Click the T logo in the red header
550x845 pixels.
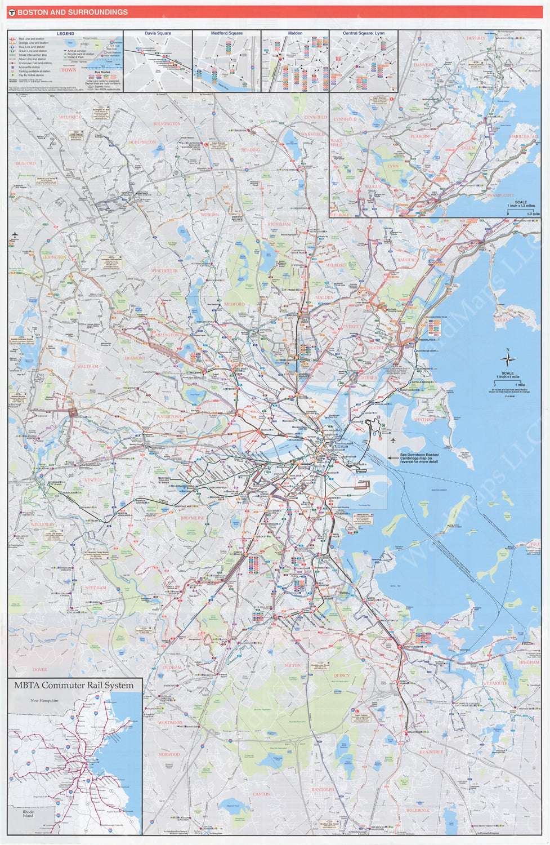12,12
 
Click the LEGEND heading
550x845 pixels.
65,34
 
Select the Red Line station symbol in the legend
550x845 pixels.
12,39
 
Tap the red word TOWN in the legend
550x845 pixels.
69,70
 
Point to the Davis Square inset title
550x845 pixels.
158,33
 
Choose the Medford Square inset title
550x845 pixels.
227,33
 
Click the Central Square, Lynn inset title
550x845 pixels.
364,33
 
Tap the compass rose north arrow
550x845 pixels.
508,358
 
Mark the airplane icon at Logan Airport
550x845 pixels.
393,440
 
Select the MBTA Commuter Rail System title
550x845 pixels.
74,686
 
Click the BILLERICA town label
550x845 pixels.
70,117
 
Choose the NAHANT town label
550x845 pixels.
503,319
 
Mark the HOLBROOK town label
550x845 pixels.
418,811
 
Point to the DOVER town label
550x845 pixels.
40,670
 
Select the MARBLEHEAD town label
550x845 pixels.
524,137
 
